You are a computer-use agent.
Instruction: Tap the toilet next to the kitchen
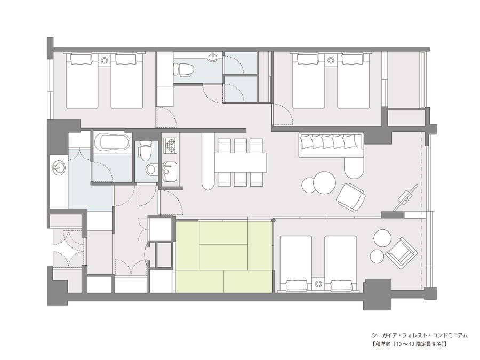pyautogui.click(x=145, y=150)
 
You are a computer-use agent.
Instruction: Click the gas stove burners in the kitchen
pyautogui.click(x=171, y=146)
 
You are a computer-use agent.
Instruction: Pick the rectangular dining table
pyautogui.click(x=241, y=162)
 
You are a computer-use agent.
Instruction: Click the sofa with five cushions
pyautogui.click(x=332, y=146)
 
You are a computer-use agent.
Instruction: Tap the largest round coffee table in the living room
pyautogui.click(x=324, y=182)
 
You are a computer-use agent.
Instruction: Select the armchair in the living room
pyautogui.click(x=351, y=197)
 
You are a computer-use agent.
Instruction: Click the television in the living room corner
pyautogui.click(x=406, y=198)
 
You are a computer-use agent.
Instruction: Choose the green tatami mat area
pyautogui.click(x=224, y=257)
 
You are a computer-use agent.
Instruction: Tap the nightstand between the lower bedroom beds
pyautogui.click(x=319, y=284)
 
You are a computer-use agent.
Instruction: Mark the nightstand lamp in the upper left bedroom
pyautogui.click(x=104, y=60)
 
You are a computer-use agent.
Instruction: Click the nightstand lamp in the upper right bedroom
pyautogui.click(x=330, y=60)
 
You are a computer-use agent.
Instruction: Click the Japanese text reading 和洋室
pyautogui.click(x=382, y=344)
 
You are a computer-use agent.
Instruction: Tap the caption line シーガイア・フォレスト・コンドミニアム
pyautogui.click(x=420, y=335)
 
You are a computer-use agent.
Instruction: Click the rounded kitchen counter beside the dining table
pyautogui.click(x=208, y=162)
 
